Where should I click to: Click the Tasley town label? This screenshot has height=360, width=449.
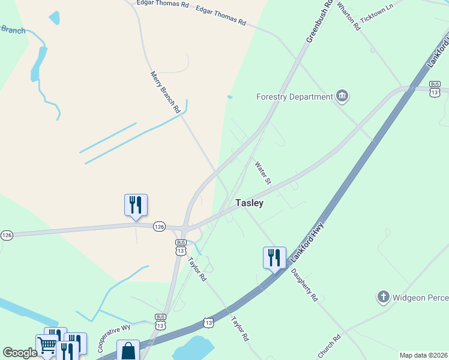click(249, 203)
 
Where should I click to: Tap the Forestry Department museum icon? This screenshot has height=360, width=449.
click(342, 96)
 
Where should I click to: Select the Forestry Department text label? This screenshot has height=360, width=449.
click(294, 97)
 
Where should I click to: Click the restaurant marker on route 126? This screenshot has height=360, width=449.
click(136, 205)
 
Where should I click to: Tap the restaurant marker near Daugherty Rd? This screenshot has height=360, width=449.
click(274, 257)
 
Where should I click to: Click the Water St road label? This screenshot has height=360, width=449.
click(264, 172)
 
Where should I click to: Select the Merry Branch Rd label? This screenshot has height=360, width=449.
click(165, 92)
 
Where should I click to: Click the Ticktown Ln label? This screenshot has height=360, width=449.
click(376, 18)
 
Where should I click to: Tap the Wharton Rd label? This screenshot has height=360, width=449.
click(349, 16)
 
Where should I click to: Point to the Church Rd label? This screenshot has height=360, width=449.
click(330, 346)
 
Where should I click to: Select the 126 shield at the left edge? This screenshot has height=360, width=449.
click(7, 235)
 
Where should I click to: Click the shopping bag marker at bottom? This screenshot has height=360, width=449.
click(128, 350)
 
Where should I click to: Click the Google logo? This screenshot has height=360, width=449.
click(20, 353)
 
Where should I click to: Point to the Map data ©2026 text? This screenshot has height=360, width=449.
click(423, 355)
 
